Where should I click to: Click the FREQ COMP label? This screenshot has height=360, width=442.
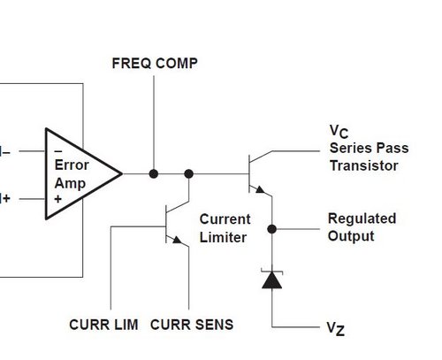tap(155, 64)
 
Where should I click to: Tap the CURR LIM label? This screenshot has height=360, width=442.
tap(103, 325)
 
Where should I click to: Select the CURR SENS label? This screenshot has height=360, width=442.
tap(192, 325)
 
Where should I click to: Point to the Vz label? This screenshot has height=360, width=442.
tap(336, 329)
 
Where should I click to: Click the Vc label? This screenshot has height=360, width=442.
tap(339, 132)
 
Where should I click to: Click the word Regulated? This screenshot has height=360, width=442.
tap(362, 218)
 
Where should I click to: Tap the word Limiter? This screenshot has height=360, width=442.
tap(223, 237)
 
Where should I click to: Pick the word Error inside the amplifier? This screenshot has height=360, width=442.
tap(72, 165)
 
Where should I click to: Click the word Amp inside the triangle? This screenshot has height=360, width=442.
tap(70, 183)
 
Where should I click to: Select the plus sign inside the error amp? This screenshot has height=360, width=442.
tap(58, 199)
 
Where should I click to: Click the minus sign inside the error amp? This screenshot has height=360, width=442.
tap(58, 151)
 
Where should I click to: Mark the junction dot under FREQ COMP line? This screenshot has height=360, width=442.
tap(154, 173)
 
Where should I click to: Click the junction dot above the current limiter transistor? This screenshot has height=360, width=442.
tap(188, 173)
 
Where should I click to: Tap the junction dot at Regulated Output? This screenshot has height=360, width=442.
tap(271, 229)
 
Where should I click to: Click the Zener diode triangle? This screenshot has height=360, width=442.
tap(271, 280)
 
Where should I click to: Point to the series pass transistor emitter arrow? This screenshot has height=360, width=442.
tap(260, 189)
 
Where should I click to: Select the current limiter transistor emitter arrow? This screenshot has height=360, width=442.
tap(177, 240)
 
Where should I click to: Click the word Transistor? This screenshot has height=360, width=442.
tap(364, 165)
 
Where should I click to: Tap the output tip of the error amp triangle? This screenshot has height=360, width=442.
tap(122, 173)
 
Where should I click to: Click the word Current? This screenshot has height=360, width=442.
tap(225, 219)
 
